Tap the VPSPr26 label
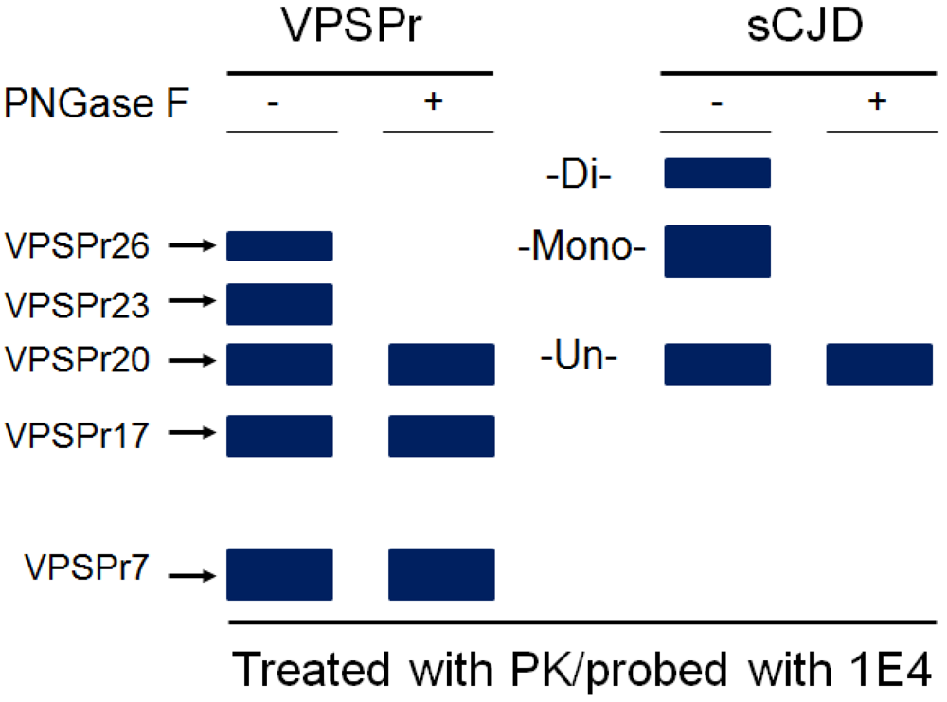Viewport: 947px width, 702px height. (x=77, y=246)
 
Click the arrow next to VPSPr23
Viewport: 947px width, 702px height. (x=193, y=301)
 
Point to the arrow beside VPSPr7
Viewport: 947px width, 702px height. (x=193, y=575)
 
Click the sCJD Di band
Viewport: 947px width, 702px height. (x=717, y=173)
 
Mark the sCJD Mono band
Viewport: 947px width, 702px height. (x=717, y=251)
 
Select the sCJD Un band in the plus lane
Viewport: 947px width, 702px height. (x=880, y=365)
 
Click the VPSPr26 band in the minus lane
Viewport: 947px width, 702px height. (x=279, y=245)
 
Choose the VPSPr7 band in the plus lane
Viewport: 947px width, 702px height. (x=441, y=575)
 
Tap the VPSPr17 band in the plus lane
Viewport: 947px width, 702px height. (x=441, y=436)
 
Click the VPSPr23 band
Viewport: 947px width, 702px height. (x=279, y=304)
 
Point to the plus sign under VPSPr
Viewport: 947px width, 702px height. (x=433, y=102)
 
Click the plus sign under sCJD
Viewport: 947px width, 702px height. (x=877, y=102)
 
